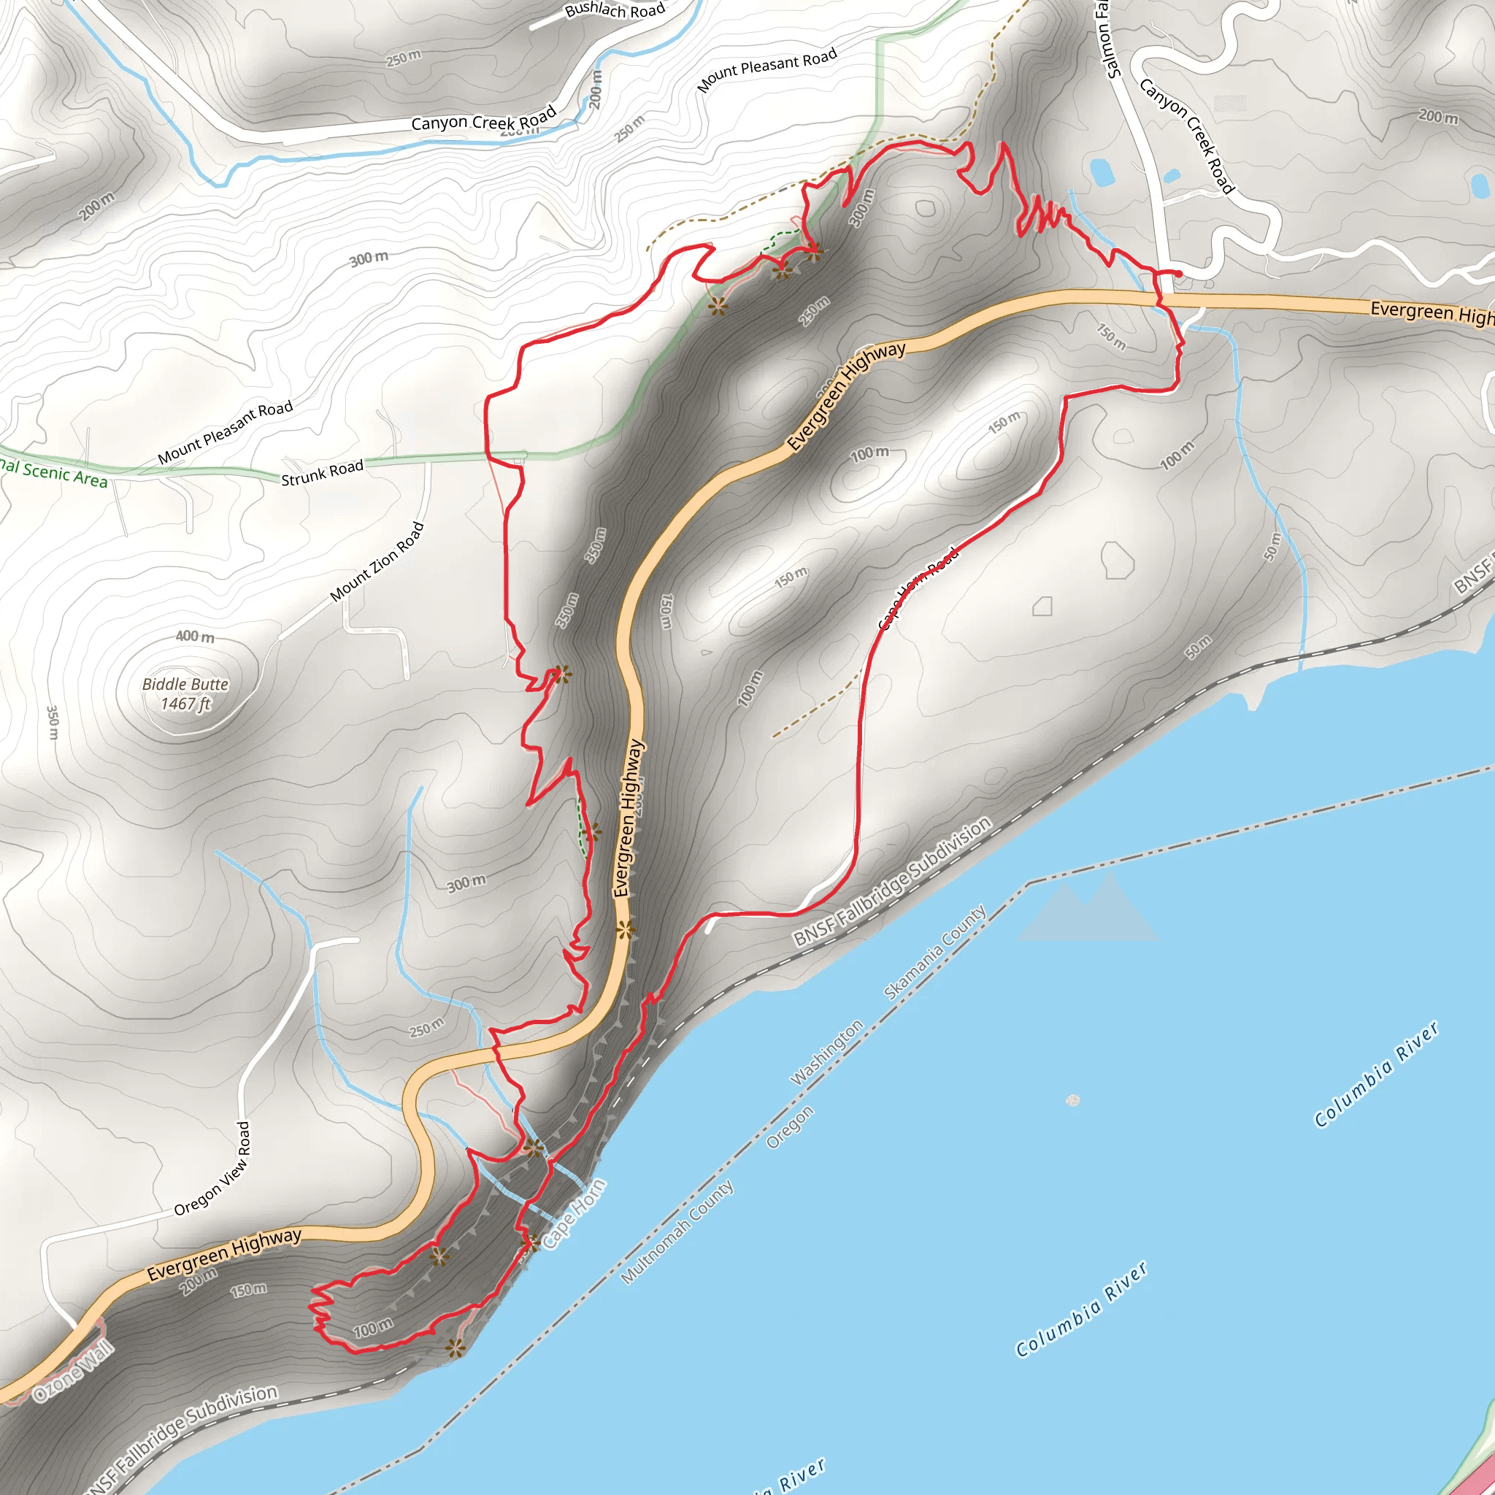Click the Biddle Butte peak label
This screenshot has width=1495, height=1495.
click(185, 684)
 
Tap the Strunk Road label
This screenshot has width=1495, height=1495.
click(322, 473)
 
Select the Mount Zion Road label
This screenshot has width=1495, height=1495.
click(377, 562)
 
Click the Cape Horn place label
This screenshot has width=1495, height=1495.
click(573, 1214)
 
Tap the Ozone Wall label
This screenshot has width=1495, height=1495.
click(74, 1373)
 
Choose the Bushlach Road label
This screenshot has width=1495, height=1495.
click(615, 10)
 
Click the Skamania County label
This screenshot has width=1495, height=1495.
click(935, 952)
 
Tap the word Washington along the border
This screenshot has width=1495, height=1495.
click(826, 1053)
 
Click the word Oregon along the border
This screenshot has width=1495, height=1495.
click(789, 1126)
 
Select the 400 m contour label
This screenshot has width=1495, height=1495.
click(195, 636)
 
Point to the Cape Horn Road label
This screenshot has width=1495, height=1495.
click(918, 588)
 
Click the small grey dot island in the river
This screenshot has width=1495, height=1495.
click(1072, 1099)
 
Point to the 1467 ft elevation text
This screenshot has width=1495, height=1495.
click(185, 704)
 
